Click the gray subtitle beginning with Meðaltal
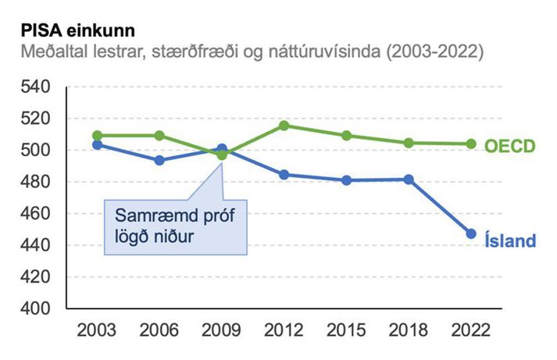coord(249,53)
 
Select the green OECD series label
coord(509,146)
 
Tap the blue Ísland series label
coord(508,241)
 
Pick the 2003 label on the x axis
coord(97,329)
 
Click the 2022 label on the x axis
coord(471,329)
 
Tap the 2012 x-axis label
coord(284,329)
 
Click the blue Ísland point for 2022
coord(471,233)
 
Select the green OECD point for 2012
coord(284,126)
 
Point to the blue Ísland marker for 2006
coord(159,160)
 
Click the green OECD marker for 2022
coord(471,144)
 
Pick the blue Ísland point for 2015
coord(347,180)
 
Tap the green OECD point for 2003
coord(97,135)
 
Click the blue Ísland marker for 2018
coord(409,180)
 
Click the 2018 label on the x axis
coord(409,329)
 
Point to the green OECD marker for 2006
coord(159,135)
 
